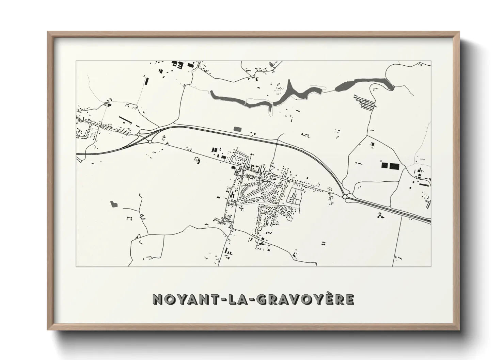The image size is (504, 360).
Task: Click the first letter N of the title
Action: tap(158, 299)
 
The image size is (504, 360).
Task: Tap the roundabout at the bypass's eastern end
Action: tap(345, 197)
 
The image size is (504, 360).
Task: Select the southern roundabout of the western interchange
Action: tap(150, 142)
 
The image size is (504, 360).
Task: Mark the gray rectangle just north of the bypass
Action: tap(237, 129)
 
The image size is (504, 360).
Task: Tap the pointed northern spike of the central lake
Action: tap(290, 85)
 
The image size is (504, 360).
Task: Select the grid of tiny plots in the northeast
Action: tap(365, 103)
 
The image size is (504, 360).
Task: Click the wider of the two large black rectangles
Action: tap(394, 166)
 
